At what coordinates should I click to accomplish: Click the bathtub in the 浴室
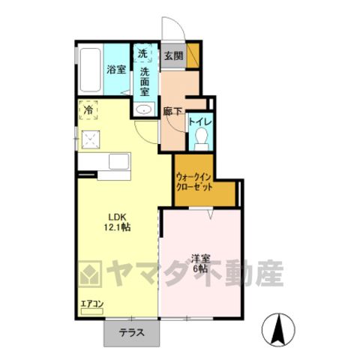(90, 70)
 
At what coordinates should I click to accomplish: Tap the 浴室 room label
(116, 70)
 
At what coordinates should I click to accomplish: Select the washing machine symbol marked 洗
(142, 53)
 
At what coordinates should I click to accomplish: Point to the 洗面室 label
(145, 82)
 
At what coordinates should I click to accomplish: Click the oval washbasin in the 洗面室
(143, 109)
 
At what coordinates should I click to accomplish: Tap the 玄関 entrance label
(173, 56)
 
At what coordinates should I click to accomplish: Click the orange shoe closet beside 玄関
(193, 55)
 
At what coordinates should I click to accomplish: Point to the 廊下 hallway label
(172, 112)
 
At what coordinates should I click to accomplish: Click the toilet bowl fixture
(202, 139)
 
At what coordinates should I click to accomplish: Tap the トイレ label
(200, 122)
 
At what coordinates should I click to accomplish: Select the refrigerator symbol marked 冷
(88, 110)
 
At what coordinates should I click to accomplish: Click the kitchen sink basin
(119, 161)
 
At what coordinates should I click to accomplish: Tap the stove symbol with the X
(91, 139)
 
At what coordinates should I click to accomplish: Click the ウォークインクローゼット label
(194, 182)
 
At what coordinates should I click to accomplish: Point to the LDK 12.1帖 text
(117, 222)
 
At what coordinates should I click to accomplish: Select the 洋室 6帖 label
(200, 263)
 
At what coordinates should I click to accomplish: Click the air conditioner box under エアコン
(92, 311)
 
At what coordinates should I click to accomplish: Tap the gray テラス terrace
(132, 334)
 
